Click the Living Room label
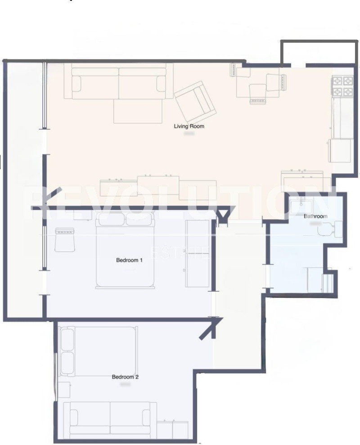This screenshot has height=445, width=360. (189, 126)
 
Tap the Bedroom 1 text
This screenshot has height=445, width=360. (130, 260)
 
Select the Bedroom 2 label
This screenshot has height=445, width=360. (125, 377)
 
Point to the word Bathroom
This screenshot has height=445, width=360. (315, 216)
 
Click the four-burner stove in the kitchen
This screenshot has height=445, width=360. (342, 87)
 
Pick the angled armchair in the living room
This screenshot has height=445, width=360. (195, 100)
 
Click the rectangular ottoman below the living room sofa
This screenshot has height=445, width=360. (138, 111)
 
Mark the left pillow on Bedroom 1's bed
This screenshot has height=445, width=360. (111, 219)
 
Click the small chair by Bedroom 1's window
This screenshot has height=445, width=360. (64, 239)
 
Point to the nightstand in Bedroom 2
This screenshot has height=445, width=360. (64, 390)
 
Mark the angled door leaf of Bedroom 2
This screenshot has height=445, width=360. (208, 330)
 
